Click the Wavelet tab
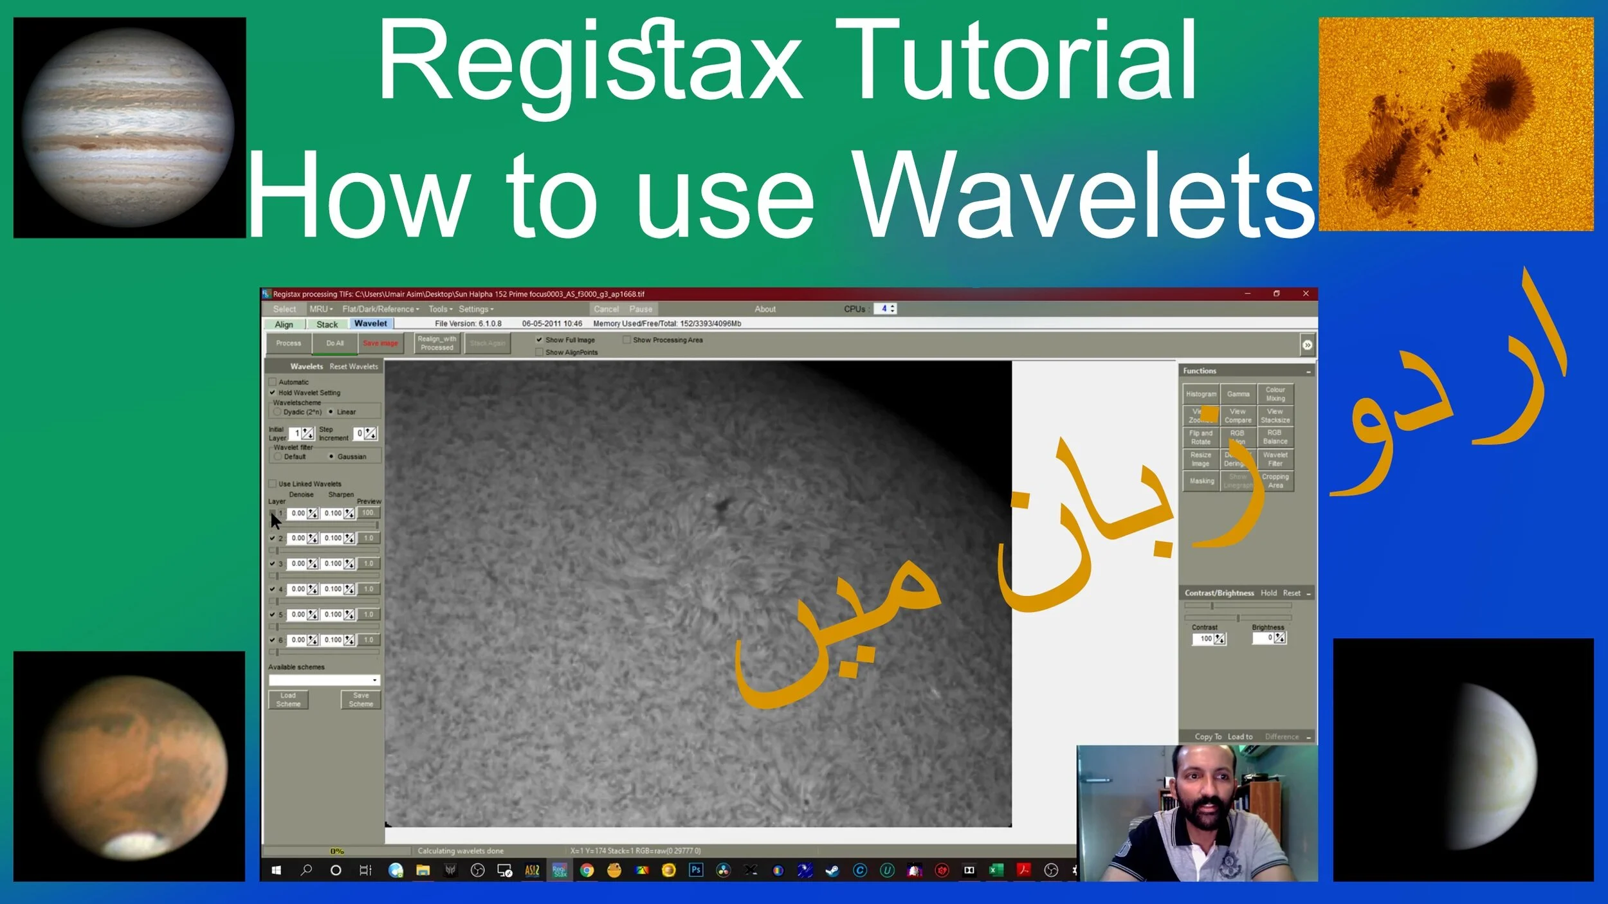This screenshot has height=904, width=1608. click(x=370, y=324)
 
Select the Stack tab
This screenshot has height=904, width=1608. click(x=327, y=325)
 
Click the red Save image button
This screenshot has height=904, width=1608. click(x=380, y=343)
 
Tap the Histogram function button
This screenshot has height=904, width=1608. click(x=1201, y=394)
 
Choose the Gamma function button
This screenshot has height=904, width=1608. click(x=1238, y=394)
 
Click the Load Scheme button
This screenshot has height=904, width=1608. click(x=288, y=700)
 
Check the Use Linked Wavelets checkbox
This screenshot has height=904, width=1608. click(x=273, y=484)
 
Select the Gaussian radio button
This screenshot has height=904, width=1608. click(x=331, y=457)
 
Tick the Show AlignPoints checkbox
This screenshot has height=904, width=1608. click(x=540, y=352)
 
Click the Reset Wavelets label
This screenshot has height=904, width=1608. click(x=354, y=366)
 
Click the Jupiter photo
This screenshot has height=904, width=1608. click(x=129, y=127)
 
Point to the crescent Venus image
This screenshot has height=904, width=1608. click(x=1492, y=765)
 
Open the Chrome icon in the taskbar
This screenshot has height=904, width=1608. click(x=587, y=871)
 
